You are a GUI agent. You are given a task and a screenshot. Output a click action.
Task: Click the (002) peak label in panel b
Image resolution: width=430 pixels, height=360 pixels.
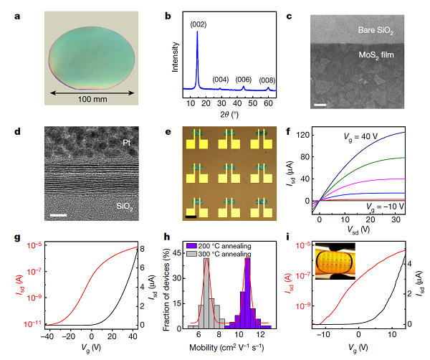coord(199,24)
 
